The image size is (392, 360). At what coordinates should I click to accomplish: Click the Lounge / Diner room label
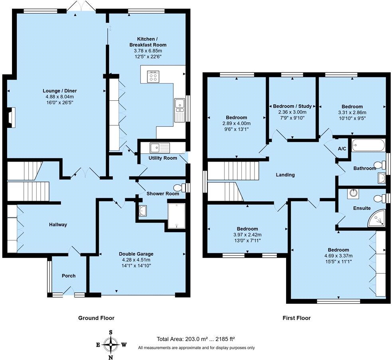coord(60,91)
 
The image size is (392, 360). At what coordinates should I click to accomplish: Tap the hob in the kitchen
coord(153,76)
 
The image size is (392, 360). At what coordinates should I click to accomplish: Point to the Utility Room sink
coord(160,148)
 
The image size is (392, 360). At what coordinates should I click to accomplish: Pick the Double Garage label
coord(136,254)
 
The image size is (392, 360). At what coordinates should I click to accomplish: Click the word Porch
coord(69,276)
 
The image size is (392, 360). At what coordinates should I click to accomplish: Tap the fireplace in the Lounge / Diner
coord(11,117)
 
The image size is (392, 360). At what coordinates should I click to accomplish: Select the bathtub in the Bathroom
coord(368,145)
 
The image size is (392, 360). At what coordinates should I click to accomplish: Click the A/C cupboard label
coord(342,149)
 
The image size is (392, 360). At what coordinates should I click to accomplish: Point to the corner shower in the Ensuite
coord(376,219)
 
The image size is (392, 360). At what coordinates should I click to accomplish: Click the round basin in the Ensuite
coord(353,194)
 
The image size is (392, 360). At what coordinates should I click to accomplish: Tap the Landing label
coord(285,175)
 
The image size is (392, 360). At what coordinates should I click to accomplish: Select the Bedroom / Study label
coord(292,106)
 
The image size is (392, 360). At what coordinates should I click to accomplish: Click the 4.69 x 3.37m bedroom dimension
coord(339,256)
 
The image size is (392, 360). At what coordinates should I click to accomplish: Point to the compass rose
coord(110,345)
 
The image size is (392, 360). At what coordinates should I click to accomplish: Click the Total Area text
coord(196,339)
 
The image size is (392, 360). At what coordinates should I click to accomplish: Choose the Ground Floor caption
coord(96,318)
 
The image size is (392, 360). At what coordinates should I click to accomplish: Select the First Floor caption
coord(296,318)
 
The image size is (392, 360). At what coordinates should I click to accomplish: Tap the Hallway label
coord(58,225)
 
